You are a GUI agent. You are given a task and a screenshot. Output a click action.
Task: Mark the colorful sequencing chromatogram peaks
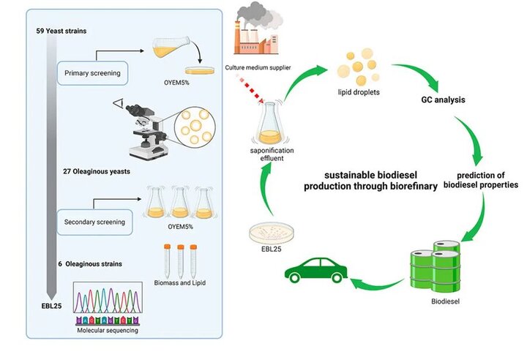pos(108,304)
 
